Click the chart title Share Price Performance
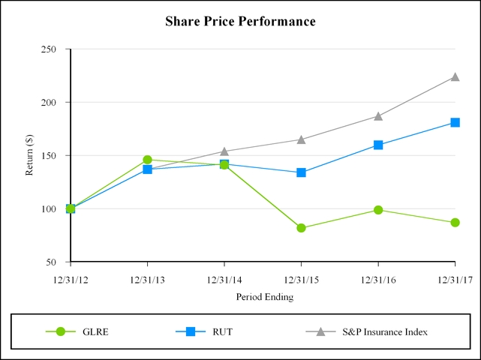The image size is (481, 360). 240,21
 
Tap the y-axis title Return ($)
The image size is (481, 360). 31,155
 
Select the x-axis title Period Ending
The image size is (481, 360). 264,296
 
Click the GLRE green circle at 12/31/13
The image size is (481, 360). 147,160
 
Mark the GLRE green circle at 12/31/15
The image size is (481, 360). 301,228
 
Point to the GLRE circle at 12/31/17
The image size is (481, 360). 455,223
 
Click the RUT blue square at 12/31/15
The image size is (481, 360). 301,172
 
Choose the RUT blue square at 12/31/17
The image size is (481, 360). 455,122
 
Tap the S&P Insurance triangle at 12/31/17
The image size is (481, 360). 455,76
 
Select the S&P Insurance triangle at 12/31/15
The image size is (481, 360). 301,139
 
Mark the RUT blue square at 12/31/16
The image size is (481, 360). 378,145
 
